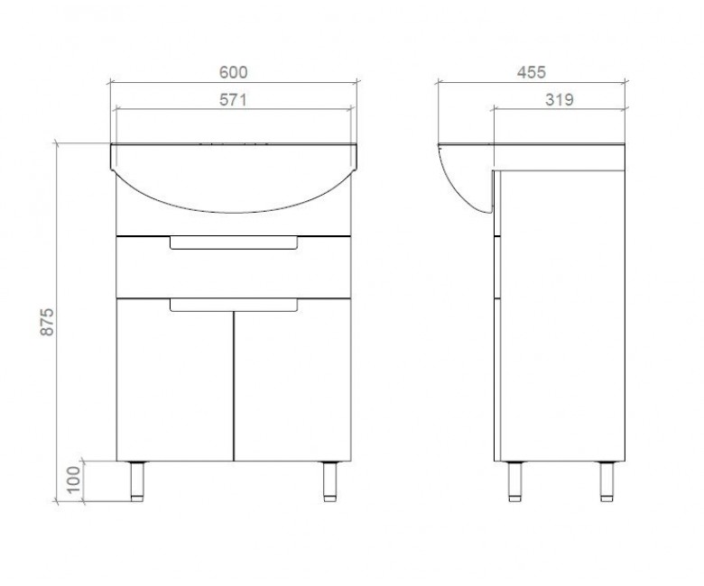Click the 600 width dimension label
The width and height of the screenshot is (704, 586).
coord(233,73)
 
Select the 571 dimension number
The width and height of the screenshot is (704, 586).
coord(233,99)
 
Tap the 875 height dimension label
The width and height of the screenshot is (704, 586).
coord(47,322)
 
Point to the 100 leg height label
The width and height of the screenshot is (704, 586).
coord(74,479)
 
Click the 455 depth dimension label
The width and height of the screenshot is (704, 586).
coord(531,72)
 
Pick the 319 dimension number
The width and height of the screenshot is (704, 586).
coord(560,99)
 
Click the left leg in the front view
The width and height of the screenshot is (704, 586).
coord(137,481)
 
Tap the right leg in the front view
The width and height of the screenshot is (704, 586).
coord(330,481)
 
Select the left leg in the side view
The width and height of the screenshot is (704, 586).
coord(514,481)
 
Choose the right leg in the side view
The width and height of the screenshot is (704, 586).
coord(607,481)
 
